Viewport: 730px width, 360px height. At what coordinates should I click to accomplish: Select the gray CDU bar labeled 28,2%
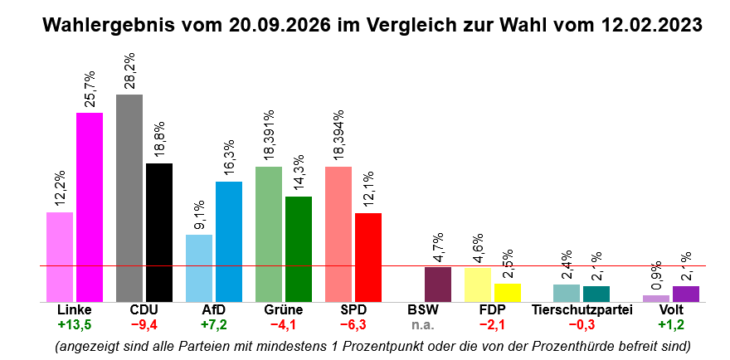click(x=129, y=198)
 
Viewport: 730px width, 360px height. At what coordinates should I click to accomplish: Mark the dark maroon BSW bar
click(x=438, y=285)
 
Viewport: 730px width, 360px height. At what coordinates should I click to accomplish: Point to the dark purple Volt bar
click(x=686, y=294)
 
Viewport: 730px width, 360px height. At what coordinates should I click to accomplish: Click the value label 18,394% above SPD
click(x=338, y=136)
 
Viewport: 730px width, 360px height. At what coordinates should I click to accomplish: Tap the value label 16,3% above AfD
click(x=229, y=158)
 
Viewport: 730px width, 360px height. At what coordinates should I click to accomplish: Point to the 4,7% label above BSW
click(x=438, y=248)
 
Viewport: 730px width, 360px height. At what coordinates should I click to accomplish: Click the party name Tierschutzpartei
click(x=582, y=310)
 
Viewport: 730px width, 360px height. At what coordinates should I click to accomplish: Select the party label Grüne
click(x=284, y=310)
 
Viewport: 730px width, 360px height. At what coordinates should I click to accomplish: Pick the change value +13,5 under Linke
click(x=75, y=324)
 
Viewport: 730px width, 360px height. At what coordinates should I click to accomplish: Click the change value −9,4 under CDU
click(x=144, y=324)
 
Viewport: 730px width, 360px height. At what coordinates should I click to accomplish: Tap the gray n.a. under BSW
click(x=423, y=324)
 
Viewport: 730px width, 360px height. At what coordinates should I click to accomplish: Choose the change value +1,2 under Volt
click(x=671, y=324)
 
